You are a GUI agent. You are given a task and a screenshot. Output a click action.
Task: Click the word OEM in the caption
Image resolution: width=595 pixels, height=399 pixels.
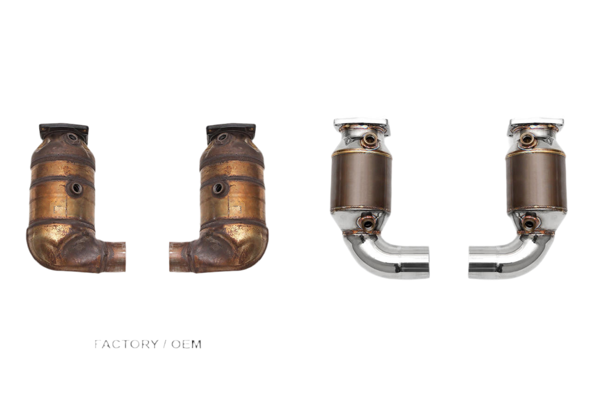186,344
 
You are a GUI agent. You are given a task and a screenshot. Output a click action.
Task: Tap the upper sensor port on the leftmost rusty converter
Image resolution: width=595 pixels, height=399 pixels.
72,138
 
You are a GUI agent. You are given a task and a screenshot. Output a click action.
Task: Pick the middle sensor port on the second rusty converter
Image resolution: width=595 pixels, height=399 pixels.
218,189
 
